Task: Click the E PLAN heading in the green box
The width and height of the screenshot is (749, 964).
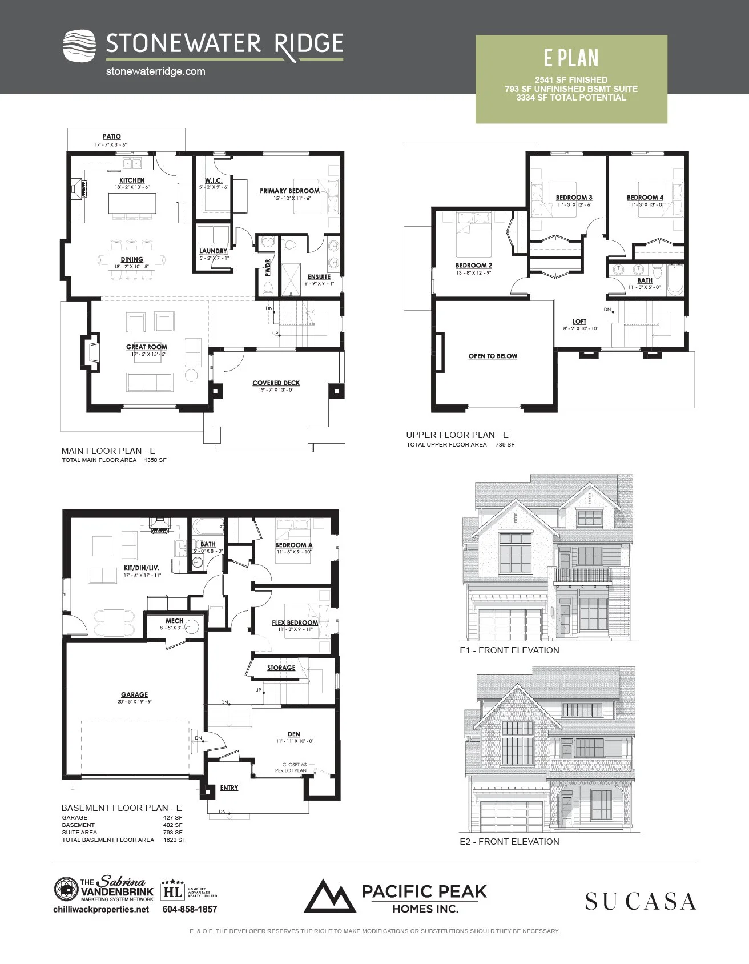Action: click(571, 58)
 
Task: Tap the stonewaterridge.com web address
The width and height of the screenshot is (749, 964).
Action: click(155, 71)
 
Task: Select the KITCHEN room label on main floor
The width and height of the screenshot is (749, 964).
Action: click(132, 180)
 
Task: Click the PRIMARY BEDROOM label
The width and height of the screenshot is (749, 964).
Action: click(289, 191)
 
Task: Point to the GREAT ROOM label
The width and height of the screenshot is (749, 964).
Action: click(147, 347)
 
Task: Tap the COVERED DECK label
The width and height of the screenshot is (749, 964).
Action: click(276, 383)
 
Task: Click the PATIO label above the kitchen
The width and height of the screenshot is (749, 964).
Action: click(112, 136)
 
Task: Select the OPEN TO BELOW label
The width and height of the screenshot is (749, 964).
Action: click(493, 356)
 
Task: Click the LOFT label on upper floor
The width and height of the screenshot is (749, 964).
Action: click(579, 322)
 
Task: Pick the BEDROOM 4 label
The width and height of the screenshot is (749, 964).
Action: click(645, 198)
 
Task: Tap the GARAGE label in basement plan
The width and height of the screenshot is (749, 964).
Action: click(134, 694)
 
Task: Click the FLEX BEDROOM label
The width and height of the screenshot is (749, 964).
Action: click(295, 622)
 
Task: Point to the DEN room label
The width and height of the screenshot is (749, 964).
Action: click(293, 734)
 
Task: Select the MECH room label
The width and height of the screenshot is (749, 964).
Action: click(174, 621)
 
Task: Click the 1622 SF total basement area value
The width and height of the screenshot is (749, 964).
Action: click(174, 840)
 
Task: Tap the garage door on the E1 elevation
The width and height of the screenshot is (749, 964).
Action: click(509, 624)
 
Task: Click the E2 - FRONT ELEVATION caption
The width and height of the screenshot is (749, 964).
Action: click(509, 841)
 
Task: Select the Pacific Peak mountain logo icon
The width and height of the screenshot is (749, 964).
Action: click(329, 896)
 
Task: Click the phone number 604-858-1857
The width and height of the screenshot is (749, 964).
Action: click(190, 909)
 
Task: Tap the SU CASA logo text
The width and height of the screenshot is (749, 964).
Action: click(640, 902)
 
